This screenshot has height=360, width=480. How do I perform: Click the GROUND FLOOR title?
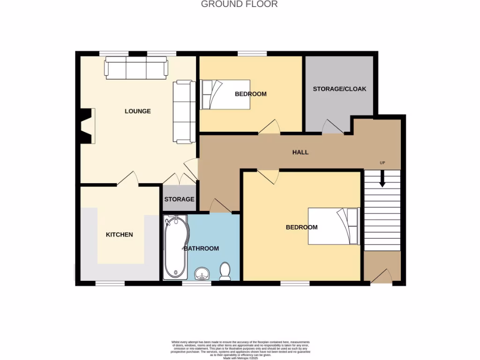pyautogui.click(x=239, y=4)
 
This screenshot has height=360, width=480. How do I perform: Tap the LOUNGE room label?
pyautogui.click(x=138, y=112)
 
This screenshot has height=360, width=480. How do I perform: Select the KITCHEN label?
pyautogui.click(x=119, y=235)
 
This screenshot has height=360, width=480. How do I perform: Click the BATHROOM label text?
pyautogui.click(x=201, y=248)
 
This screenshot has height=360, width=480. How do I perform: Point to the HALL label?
pyautogui.click(x=300, y=152)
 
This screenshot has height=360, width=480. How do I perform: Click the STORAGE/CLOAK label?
pyautogui.click(x=339, y=89)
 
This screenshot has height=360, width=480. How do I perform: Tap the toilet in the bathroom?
pyautogui.click(x=225, y=271)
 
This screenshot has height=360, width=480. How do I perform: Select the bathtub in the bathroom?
pyautogui.click(x=175, y=247)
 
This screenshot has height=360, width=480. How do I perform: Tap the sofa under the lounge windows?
pyautogui.click(x=136, y=68)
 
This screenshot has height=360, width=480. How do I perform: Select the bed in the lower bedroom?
pyautogui.click(x=333, y=226)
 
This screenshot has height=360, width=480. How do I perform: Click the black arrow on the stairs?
pyautogui.click(x=382, y=178)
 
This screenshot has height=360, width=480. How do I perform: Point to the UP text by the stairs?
pyautogui.click(x=382, y=163)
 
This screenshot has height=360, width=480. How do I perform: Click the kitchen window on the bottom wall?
pyautogui.click(x=110, y=283)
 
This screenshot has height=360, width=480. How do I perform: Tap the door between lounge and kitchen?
pyautogui.click(x=127, y=179)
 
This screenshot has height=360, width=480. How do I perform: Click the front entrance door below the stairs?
pyautogui.click(x=382, y=277)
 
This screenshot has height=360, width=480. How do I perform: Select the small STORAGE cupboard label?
pyautogui.click(x=179, y=199)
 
